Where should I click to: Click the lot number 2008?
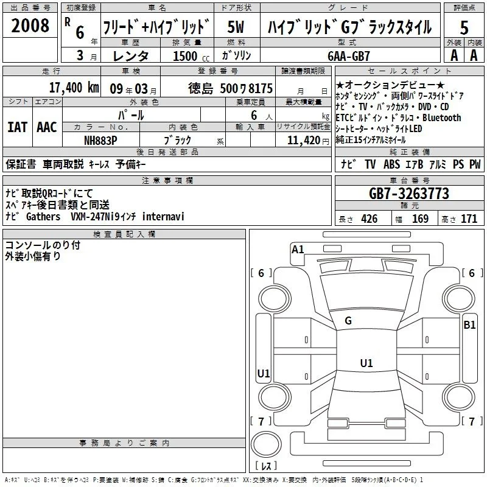coord(30,26)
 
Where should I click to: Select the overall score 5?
coord(464,27)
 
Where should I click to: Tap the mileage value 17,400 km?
coord(74,88)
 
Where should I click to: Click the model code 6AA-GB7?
coord(349,56)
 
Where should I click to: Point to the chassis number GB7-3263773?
coord(409,194)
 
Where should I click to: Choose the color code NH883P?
coord(100,141)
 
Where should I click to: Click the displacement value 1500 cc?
coord(191,56)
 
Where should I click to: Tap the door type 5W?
coord(236,27)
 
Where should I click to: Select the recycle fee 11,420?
coord(303,141)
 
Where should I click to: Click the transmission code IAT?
coord(18,127)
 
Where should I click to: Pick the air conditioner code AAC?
coord(47,127)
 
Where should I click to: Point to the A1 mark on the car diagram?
coord(298,250)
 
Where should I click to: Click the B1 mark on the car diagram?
coord(469,325)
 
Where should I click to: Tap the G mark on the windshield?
coord(348,321)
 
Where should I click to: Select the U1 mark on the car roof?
coord(366,363)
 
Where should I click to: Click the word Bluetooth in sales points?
coord(442,117)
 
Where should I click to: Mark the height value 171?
coord(469,219)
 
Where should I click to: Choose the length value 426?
coord(370,219)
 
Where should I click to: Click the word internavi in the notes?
coord(163,216)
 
